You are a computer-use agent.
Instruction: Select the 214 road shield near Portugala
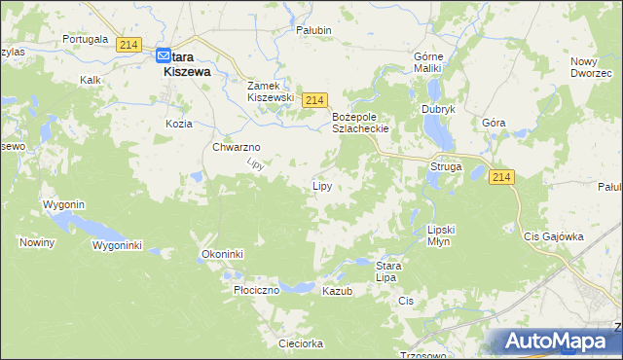(x=128, y=45)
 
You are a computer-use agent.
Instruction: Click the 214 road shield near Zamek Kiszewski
(x=312, y=100)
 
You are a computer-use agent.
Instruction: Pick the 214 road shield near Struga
(x=501, y=176)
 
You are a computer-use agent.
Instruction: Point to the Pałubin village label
(x=314, y=30)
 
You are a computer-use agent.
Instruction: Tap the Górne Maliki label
(x=428, y=62)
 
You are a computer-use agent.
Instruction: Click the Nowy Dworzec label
(x=591, y=67)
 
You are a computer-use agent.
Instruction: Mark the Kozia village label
(x=179, y=124)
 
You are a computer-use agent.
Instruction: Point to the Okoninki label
(x=222, y=254)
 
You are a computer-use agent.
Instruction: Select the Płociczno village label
(x=257, y=290)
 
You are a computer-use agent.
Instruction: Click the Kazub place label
(x=337, y=291)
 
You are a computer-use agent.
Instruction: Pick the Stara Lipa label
(x=389, y=270)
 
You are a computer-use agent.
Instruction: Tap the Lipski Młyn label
(x=441, y=235)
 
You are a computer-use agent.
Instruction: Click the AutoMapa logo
(x=555, y=342)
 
